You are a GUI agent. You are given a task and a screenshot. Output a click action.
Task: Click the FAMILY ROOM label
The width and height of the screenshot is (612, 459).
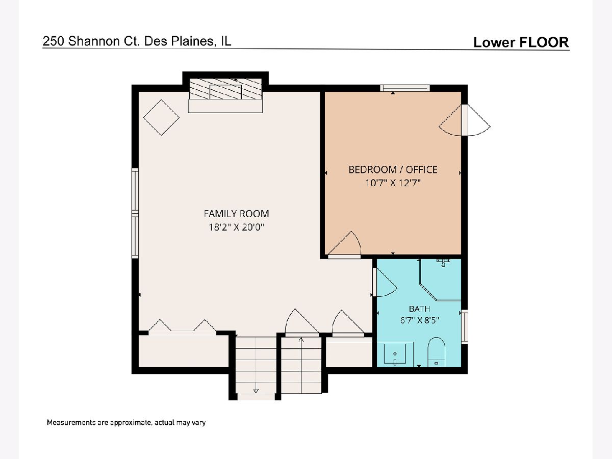[236, 214]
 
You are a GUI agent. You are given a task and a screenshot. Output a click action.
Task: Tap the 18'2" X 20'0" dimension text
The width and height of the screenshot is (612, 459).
[236, 227]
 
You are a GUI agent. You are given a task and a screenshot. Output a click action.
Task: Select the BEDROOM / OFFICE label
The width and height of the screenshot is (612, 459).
[393, 170]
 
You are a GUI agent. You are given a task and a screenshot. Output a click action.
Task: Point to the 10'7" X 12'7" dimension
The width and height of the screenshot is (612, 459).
[393, 183]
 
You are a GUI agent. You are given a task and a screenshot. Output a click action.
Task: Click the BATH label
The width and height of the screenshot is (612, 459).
[419, 309]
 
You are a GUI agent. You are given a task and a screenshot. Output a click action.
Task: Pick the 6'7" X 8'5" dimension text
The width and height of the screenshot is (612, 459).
[420, 320]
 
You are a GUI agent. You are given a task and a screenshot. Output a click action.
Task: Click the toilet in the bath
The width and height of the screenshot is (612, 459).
[437, 352]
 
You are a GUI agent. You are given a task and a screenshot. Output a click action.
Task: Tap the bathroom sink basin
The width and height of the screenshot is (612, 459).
[395, 354]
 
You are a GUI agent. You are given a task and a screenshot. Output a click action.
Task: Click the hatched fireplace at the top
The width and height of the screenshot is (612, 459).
[225, 89]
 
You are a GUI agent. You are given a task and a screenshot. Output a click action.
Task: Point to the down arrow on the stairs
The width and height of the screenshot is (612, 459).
[256, 391]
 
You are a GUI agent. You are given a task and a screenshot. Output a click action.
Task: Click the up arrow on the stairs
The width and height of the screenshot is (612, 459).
[301, 340]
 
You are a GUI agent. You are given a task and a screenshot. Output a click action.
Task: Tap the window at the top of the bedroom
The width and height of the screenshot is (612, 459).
[405, 88]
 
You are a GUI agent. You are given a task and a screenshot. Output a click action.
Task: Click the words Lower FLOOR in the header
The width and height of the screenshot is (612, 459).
[521, 42]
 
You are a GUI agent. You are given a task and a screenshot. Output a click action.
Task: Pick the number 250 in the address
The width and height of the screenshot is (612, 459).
[54, 41]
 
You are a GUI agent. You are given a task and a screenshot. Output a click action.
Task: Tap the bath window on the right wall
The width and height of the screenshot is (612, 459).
[465, 326]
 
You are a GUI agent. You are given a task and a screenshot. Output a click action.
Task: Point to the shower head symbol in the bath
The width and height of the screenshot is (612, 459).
[443, 262]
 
